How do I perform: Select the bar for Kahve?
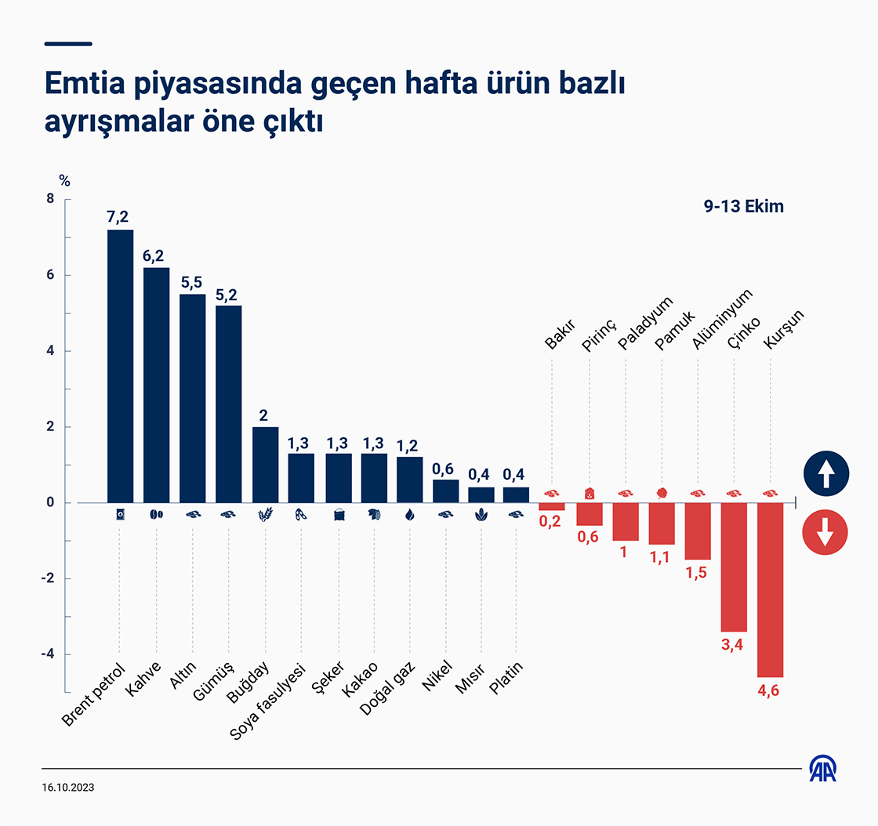pyautogui.click(x=157, y=385)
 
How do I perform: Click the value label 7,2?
pyautogui.click(x=120, y=216)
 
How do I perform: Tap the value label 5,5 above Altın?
pyautogui.click(x=193, y=281)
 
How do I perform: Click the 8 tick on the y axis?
pyautogui.click(x=50, y=200)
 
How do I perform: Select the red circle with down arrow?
pyautogui.click(x=825, y=533)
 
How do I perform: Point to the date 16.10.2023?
pyautogui.click(x=71, y=786)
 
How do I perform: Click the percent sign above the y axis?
pyautogui.click(x=64, y=181)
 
